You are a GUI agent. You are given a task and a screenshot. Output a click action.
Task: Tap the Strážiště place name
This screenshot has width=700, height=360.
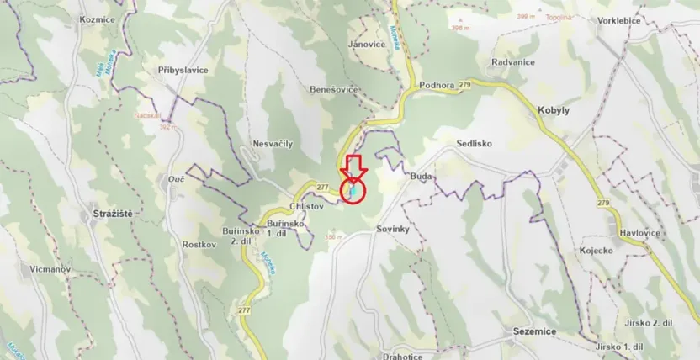point(108,215)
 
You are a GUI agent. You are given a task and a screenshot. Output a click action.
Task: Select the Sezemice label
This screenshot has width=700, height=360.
point(535,332)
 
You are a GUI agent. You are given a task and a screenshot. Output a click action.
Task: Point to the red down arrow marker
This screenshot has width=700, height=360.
point(354,167)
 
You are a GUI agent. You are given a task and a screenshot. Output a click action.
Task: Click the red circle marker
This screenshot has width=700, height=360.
point(354,192)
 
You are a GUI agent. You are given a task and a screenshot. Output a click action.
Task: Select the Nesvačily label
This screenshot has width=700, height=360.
point(273,144)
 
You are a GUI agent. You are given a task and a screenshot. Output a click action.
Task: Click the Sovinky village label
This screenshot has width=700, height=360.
point(392,229)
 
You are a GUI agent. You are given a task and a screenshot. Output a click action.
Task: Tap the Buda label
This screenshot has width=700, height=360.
point(421,177)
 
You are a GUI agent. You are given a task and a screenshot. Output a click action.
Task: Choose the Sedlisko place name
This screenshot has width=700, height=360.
point(474,144)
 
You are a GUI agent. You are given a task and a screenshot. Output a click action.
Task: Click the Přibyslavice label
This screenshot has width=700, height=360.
point(183,71)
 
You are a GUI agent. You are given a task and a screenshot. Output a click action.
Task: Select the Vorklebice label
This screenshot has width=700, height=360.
point(618,43)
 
